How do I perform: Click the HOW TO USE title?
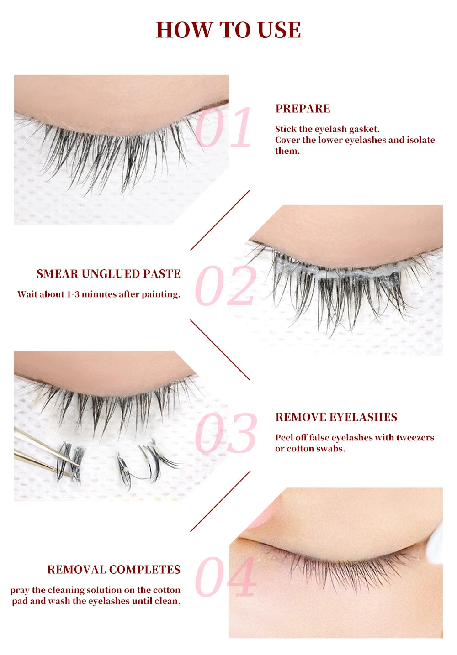point(228,30)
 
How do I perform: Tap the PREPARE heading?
point(303,109)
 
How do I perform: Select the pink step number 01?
point(223,127)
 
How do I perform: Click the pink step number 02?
point(225,286)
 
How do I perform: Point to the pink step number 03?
point(226,433)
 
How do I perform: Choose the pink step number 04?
point(225,577)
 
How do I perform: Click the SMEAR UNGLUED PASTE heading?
point(108,274)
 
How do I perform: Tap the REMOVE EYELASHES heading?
point(336,417)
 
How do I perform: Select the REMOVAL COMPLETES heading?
point(114,570)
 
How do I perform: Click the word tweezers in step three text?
point(415,438)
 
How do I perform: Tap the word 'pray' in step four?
point(20,591)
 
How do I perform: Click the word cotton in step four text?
point(166,590)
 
